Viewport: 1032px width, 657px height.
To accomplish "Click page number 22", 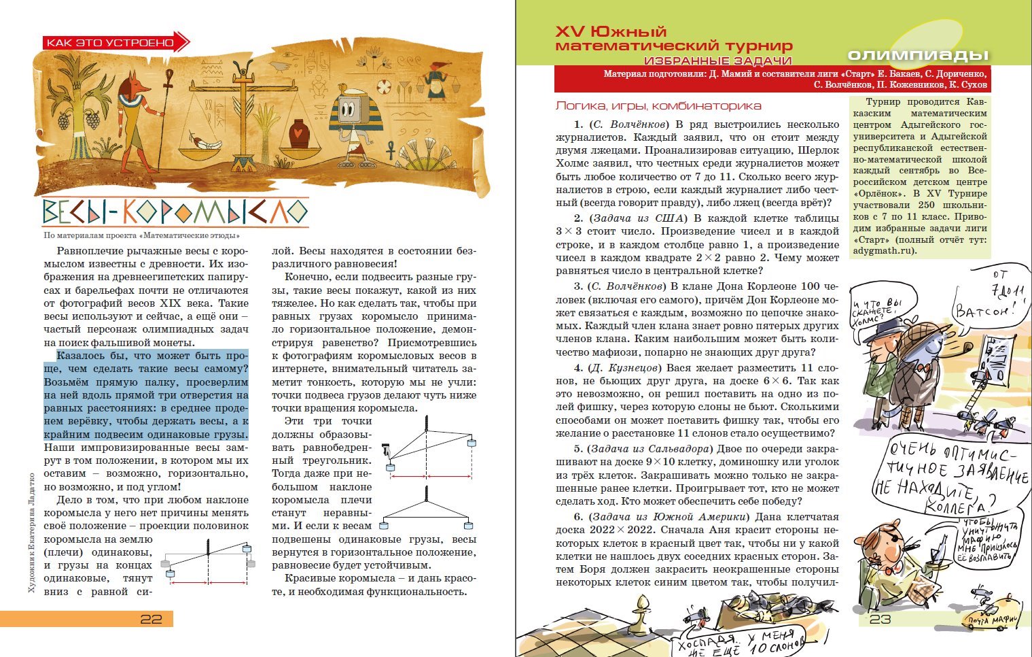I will [x=151, y=619].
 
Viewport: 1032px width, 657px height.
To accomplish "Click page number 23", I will [x=880, y=619].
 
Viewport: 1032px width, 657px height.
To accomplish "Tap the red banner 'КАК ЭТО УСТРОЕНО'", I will [x=110, y=43].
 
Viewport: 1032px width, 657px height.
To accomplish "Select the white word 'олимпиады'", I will [x=918, y=55].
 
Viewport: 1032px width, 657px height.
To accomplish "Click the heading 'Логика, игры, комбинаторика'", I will [x=658, y=106].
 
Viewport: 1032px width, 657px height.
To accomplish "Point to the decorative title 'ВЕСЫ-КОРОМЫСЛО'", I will [x=175, y=213].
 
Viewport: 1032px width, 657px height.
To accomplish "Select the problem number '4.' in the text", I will [x=578, y=368].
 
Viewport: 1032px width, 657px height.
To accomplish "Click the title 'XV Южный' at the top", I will [x=611, y=32].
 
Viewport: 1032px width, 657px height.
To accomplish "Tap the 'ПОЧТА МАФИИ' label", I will [x=993, y=620].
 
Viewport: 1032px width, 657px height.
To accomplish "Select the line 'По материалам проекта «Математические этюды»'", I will [x=142, y=236].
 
